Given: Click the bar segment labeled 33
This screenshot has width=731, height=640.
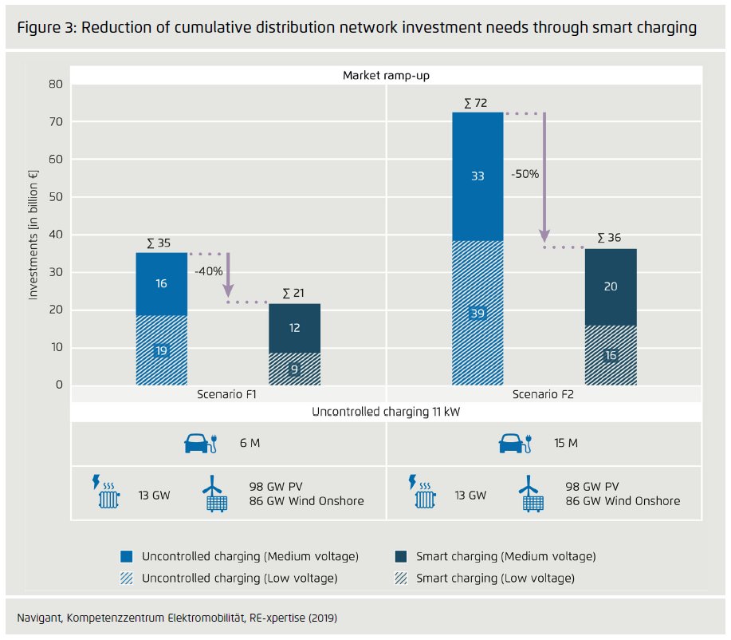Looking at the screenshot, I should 478,176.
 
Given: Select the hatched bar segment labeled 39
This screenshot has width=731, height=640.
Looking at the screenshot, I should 478,314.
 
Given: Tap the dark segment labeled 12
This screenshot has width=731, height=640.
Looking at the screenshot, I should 294,328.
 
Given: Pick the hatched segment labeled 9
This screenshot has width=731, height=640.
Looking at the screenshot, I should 294,369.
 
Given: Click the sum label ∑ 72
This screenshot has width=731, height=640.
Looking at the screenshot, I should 475,104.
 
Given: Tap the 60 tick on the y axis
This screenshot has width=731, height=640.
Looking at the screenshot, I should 56,160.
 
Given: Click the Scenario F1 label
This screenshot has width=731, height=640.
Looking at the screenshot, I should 227,395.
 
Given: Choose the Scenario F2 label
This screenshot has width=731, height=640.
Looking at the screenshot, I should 544,395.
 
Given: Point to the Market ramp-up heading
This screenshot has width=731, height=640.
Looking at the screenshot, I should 387,75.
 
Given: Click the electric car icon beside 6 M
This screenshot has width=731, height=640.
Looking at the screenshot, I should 201,443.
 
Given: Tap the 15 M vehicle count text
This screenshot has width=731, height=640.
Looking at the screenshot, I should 565,443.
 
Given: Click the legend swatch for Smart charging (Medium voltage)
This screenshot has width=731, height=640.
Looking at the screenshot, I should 401,555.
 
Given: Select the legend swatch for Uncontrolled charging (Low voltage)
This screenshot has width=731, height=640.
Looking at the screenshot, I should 126,578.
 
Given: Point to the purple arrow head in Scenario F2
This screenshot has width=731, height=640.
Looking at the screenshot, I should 544,236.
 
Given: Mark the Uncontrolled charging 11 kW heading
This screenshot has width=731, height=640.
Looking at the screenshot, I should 387,412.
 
